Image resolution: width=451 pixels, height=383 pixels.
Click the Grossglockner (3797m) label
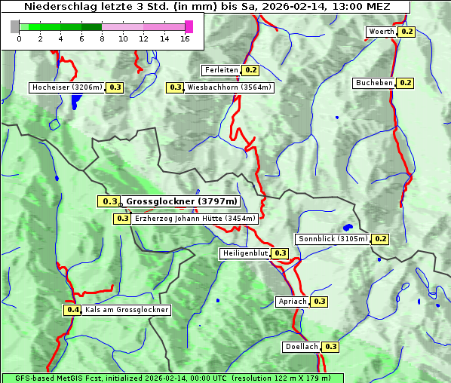(182, 201)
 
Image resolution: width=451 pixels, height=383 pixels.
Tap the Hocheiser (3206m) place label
(67, 87)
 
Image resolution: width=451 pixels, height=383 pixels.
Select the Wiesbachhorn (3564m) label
(230, 87)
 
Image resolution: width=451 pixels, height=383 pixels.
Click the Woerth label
(381, 32)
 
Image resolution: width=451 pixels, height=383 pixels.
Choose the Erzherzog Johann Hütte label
(195, 219)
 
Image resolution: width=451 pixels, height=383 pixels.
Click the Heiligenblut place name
(245, 253)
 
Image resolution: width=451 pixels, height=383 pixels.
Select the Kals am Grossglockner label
(127, 310)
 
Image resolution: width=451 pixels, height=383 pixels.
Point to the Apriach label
(293, 302)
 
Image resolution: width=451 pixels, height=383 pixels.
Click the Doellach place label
(302, 347)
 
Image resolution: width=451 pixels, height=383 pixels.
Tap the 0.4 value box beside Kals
(72, 310)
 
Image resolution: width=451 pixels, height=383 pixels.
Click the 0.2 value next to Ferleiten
(251, 70)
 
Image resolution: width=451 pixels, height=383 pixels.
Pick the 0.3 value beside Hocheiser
(115, 87)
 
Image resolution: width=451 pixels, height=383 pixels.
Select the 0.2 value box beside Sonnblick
(380, 239)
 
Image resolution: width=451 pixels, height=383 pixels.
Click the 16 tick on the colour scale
(185, 38)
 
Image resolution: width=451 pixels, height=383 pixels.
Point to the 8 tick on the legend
(102, 38)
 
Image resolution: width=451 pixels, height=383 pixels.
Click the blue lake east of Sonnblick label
(347, 227)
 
